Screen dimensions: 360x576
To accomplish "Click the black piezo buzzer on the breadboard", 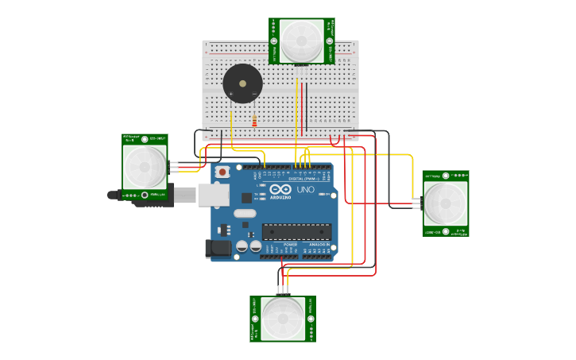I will (x=242, y=83).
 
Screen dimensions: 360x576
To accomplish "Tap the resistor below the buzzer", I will (x=254, y=122).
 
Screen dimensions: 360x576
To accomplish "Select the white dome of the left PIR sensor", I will (x=145, y=166).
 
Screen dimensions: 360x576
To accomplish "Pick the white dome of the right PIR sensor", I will (x=445, y=203).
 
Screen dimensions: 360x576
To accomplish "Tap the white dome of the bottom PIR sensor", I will (x=283, y=318).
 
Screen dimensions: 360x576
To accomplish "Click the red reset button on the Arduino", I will (x=222, y=172).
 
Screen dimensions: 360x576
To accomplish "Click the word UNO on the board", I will (x=305, y=191).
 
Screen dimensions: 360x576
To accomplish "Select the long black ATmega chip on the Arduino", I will (x=296, y=231).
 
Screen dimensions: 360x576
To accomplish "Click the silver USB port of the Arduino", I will (x=213, y=195).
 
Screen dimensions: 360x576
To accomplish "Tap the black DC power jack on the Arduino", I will (x=218, y=249).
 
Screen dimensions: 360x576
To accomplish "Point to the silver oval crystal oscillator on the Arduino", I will (x=245, y=213).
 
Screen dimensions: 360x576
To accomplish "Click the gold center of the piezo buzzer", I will (x=242, y=83).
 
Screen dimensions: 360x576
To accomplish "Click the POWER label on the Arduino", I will (x=290, y=244).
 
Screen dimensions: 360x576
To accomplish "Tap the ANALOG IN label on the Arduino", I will (x=319, y=244).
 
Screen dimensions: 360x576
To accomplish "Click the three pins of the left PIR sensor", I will (x=173, y=166).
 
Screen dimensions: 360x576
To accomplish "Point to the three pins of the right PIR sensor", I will (x=416, y=203).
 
